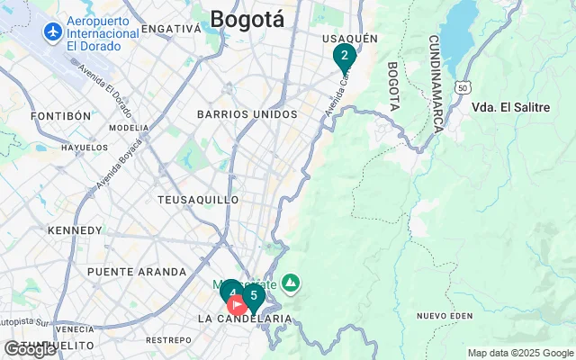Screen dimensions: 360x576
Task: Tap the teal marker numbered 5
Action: [x=254, y=296]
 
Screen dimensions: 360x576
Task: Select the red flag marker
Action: [x=238, y=305]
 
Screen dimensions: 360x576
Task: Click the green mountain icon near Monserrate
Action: [x=290, y=284]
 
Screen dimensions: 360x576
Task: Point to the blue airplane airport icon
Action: [x=52, y=32]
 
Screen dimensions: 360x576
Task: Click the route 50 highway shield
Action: [x=462, y=87]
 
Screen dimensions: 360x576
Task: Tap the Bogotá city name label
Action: [x=247, y=19]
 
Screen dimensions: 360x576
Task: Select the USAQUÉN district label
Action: [x=349, y=38]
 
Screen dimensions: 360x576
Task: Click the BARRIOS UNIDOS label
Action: [x=247, y=114]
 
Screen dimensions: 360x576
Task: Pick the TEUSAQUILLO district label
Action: [x=198, y=199]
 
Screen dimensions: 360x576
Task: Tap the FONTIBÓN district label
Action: [x=61, y=116]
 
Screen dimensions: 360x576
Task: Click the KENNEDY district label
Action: [x=75, y=230]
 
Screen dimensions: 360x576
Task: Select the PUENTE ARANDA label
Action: [x=137, y=271]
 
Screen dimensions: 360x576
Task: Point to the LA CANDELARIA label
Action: [x=245, y=319]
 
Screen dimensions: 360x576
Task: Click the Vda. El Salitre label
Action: [x=510, y=107]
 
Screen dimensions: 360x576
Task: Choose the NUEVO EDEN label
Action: [x=445, y=315]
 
